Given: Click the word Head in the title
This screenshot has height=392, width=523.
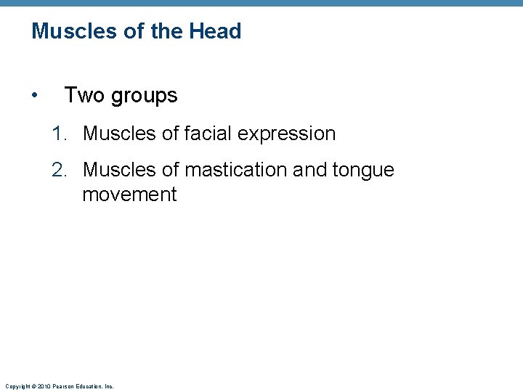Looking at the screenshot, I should click(215, 31).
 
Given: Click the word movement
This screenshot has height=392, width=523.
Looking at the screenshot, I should click(129, 195).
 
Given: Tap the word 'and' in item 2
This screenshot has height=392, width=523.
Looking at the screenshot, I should click(308, 170).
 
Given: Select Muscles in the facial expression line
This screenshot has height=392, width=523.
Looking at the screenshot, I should click(118, 134).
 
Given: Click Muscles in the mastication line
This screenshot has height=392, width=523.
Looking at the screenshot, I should click(118, 170).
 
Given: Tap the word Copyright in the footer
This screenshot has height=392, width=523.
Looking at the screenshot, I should click(17, 386).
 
